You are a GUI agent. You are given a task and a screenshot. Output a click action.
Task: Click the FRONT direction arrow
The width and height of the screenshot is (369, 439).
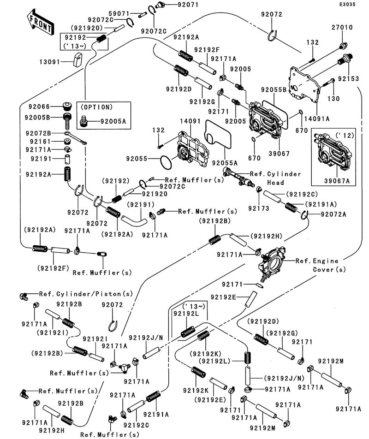tap(39, 23)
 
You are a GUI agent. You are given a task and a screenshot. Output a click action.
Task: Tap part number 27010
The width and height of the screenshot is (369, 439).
tap(342, 28)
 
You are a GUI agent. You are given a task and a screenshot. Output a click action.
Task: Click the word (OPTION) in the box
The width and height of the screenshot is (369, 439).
tap(96, 107)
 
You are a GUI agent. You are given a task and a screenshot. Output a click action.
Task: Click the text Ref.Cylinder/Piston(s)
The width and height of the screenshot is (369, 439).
tap(86, 294)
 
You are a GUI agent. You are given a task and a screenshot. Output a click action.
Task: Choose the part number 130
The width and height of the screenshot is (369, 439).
tap(333, 99)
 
